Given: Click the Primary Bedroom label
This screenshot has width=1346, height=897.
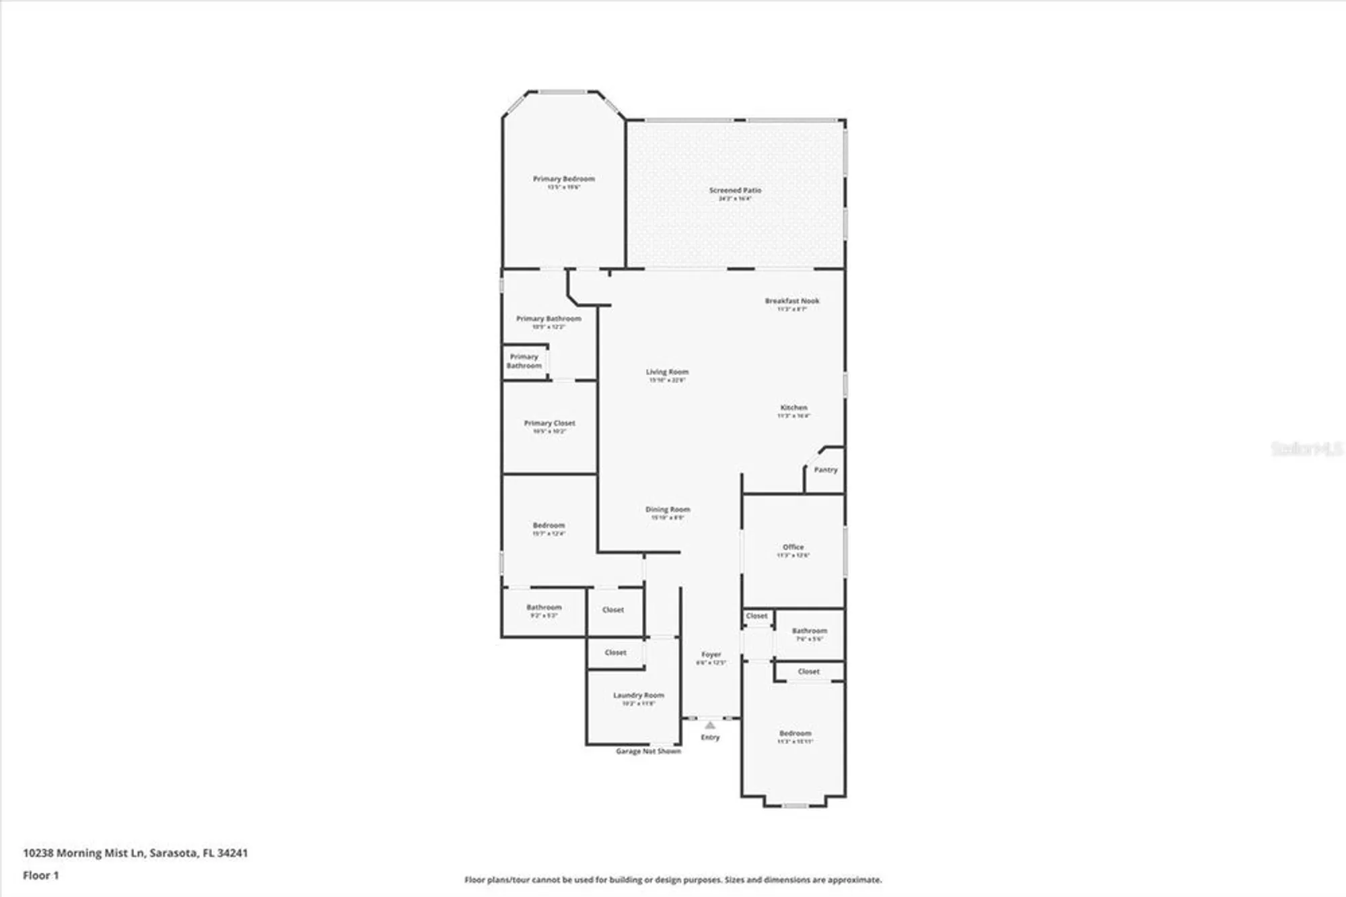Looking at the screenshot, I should pos(563,179).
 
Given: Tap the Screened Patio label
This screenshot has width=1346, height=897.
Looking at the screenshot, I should pos(735,191).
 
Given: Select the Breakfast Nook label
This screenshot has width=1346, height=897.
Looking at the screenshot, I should pos(792,301).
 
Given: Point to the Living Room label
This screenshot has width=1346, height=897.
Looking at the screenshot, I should pos(667,372).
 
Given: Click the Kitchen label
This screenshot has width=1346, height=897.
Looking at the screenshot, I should pos(793,407).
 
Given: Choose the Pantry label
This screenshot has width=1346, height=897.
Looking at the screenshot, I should pos(825,470).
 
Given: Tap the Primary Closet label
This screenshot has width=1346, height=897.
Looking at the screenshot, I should pos(549,424).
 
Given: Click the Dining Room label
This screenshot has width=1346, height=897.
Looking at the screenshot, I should pos(668,510).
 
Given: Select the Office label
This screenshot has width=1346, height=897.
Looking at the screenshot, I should pos(793,547).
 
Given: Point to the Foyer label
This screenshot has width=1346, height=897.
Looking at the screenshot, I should pos(711,655).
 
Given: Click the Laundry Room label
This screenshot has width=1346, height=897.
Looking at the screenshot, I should pos(638,696).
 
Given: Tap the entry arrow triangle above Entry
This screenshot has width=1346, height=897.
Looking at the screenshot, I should pos(710,725).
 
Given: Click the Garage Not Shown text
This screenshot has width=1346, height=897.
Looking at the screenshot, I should pos(648,752).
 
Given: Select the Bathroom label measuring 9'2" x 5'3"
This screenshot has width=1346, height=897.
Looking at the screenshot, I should pos(544,607).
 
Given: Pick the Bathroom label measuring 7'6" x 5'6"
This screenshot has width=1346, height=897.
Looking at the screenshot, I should pos(809,631).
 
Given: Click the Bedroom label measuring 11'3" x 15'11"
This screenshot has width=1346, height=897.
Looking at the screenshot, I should pos(795,733).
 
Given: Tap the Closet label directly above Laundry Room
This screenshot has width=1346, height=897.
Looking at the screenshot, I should pos(615,653).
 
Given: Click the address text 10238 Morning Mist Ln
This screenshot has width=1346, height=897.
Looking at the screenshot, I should pos(135,853).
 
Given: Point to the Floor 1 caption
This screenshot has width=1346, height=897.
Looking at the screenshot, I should pos(41,875).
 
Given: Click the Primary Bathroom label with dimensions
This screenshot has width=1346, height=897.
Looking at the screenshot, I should pos(548,319).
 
